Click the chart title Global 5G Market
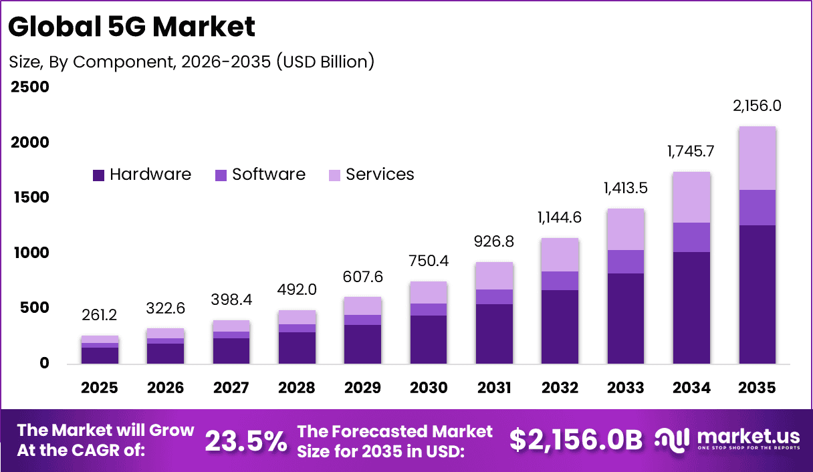coord(132,27)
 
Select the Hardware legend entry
coord(142,175)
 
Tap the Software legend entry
coord(260,175)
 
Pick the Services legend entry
coord(371,175)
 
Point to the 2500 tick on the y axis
coord(29,88)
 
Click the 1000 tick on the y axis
coord(29,253)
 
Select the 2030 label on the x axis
coord(429,388)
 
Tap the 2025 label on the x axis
coord(100,388)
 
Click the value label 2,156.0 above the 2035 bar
coord(758,106)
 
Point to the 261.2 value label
coord(100,314)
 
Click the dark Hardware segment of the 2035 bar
coord(758,294)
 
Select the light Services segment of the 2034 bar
coord(692,197)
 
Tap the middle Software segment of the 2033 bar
coord(626,261)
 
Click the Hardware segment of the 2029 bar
coord(363,344)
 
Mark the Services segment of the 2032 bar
coord(560,255)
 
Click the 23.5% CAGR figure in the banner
coord(245,441)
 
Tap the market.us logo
coord(725,440)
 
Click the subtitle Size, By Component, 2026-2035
coord(191,62)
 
